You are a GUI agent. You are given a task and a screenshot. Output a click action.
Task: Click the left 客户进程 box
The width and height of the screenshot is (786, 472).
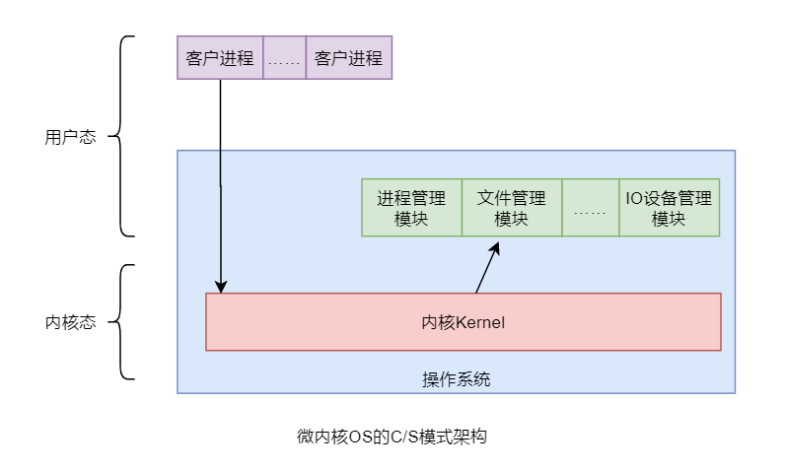(220, 58)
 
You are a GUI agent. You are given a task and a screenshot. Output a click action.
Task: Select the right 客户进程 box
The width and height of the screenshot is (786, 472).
(349, 58)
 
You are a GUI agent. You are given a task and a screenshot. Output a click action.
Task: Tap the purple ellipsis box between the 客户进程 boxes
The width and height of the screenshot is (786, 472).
(284, 58)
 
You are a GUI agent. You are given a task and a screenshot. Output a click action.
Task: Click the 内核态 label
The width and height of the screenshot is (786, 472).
(71, 322)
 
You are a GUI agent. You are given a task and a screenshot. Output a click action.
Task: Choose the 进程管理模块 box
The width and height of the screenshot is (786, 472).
(411, 207)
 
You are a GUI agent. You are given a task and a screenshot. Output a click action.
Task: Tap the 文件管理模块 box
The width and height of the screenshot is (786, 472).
(511, 207)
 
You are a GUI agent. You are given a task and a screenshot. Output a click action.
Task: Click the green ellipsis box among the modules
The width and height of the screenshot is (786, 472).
(590, 207)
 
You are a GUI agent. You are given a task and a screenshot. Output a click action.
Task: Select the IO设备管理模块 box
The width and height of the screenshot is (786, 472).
(669, 207)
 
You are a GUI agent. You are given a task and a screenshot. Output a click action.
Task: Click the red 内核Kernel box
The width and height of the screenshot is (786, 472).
(463, 322)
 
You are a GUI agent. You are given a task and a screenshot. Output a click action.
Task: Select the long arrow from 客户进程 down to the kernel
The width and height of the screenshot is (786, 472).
(220, 177)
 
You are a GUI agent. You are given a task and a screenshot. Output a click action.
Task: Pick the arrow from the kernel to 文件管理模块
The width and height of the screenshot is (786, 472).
(487, 267)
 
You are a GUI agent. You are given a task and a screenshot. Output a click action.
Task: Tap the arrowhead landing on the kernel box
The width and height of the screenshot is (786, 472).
(220, 287)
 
